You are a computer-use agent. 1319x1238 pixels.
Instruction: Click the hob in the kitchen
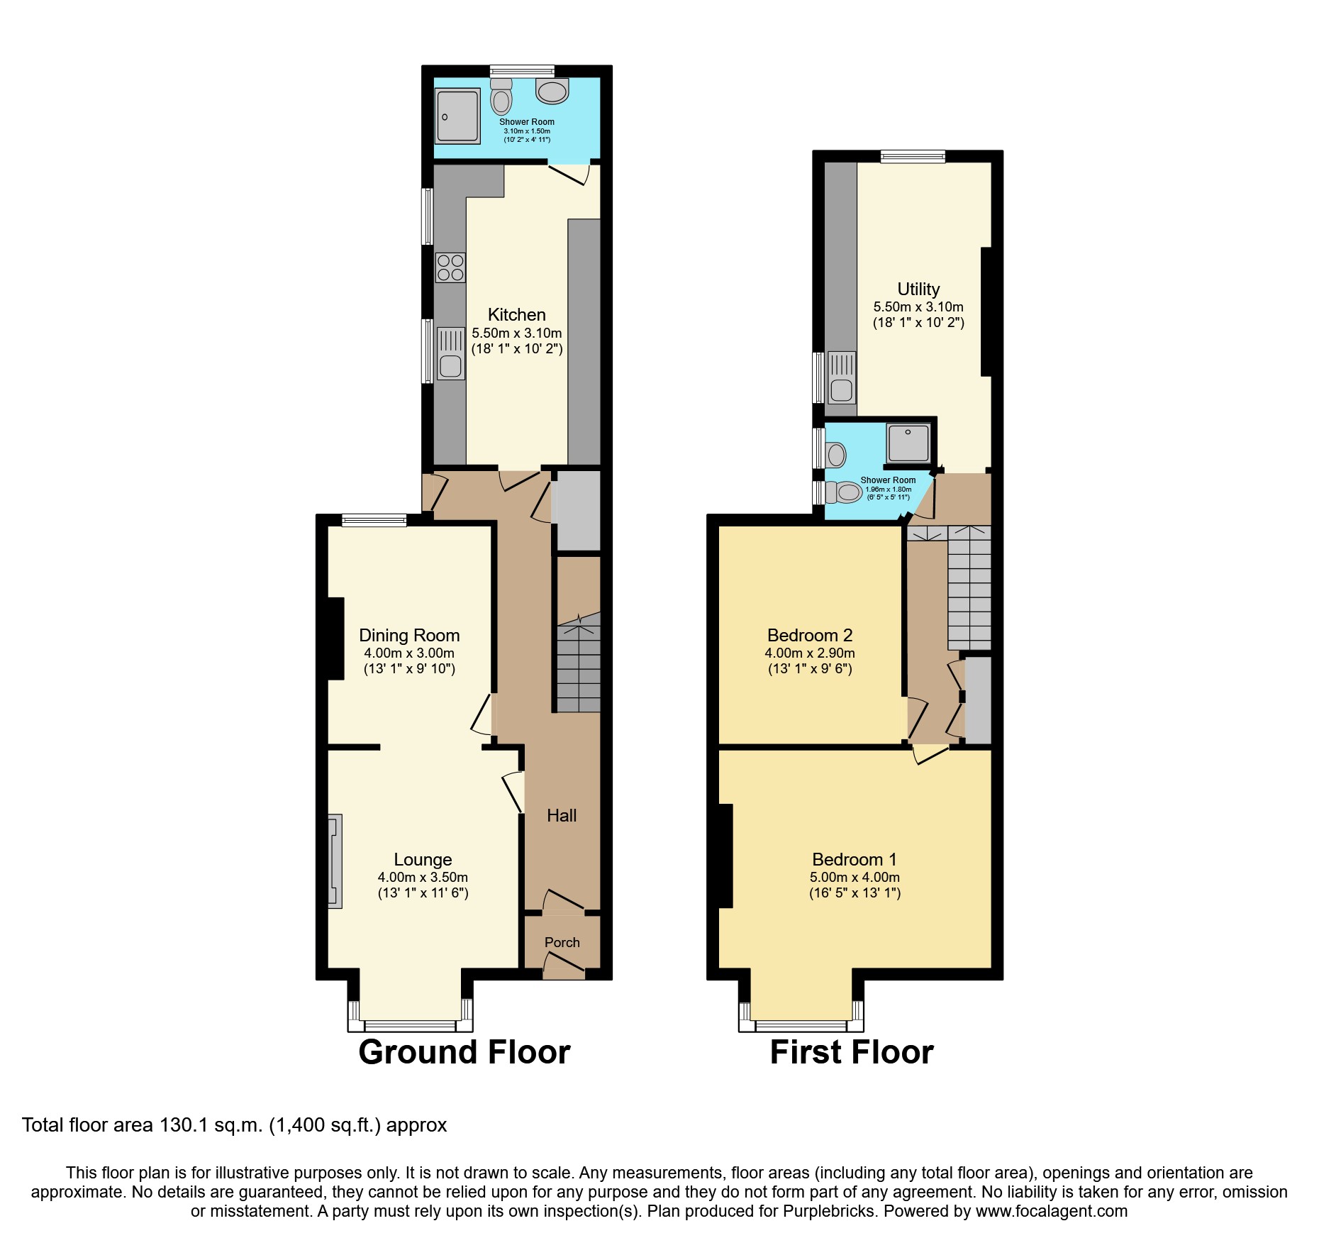[450, 267]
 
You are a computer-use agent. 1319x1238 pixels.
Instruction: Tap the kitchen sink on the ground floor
[450, 353]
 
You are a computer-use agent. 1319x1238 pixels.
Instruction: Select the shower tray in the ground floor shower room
[457, 116]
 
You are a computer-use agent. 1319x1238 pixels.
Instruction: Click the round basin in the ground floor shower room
[552, 91]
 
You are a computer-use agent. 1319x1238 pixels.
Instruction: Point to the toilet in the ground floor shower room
[501, 97]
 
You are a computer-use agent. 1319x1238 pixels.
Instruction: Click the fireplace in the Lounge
[335, 861]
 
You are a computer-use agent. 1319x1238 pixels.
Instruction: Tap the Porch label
[562, 942]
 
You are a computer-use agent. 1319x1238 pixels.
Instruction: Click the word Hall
[562, 816]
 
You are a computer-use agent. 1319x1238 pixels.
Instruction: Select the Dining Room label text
[409, 635]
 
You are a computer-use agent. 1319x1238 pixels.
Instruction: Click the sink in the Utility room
[841, 377]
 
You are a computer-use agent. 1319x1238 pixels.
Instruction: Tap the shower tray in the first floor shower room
[907, 443]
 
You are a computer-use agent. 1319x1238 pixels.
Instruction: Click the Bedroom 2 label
[810, 635]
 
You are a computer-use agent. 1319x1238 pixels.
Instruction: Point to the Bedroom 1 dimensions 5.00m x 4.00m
[855, 878]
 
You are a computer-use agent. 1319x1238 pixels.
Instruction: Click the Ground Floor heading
[464, 1052]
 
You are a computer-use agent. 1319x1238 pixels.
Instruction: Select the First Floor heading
[851, 1052]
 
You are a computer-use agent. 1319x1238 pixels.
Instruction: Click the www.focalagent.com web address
[1051, 1212]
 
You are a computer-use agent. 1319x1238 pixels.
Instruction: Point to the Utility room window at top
[913, 157]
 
